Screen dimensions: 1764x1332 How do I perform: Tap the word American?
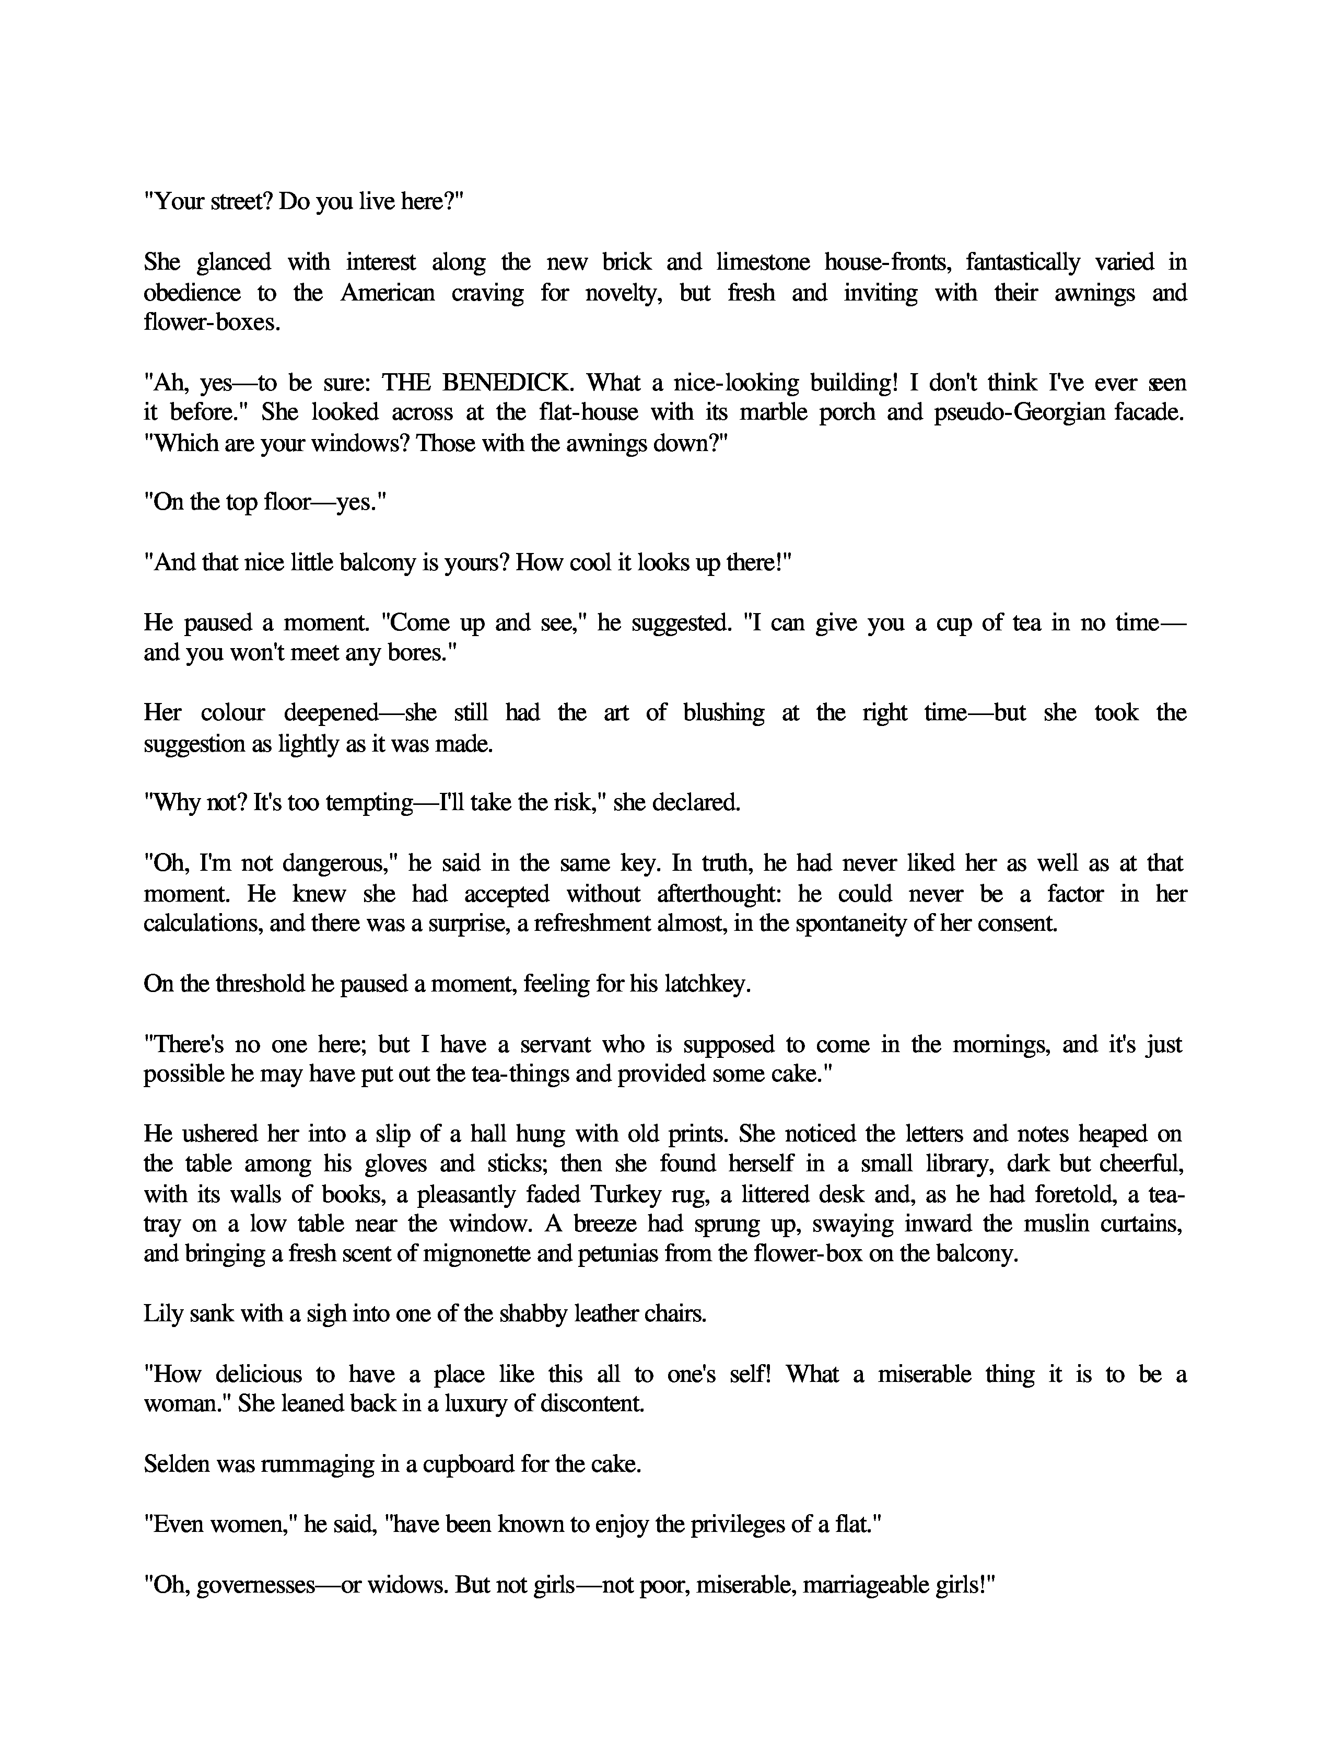(388, 293)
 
